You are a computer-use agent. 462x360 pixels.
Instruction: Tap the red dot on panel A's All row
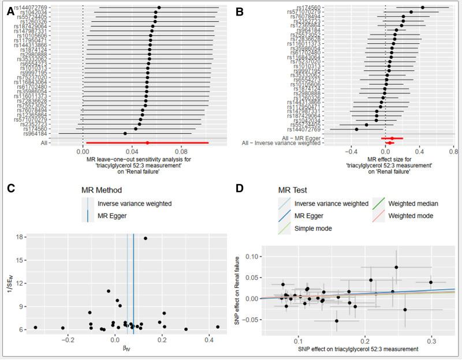click(147, 142)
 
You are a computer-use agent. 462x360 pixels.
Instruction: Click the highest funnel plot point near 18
click(146, 238)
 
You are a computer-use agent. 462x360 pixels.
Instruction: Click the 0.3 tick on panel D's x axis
click(431, 340)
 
